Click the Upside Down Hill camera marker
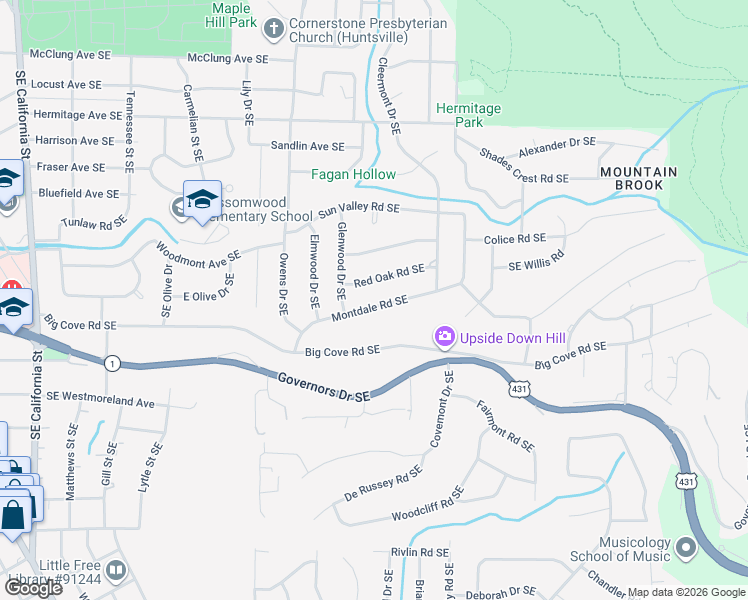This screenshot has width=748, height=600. (x=444, y=338)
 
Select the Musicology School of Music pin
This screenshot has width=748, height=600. (x=685, y=547)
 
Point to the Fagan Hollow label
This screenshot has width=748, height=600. (x=353, y=174)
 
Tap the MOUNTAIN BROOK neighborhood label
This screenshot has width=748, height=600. (x=638, y=179)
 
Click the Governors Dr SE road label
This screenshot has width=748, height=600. (x=323, y=387)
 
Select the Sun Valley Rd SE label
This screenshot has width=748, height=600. (x=359, y=209)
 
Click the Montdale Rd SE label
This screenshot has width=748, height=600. (x=369, y=307)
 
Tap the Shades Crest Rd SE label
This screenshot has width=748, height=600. (x=523, y=178)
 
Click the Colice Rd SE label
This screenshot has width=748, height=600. (x=514, y=239)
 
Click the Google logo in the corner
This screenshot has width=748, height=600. (x=32, y=587)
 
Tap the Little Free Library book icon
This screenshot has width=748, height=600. (x=117, y=569)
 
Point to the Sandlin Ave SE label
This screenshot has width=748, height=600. (x=307, y=146)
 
